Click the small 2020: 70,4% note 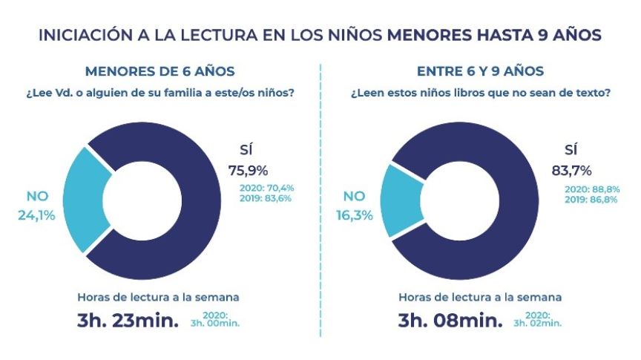point(266,188)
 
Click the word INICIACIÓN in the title point(82,35)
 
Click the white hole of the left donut point(142,200)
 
